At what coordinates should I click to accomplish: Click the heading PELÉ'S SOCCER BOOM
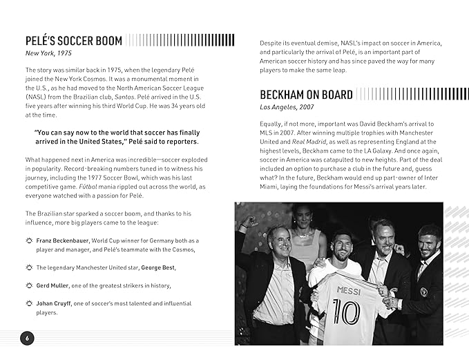click(73, 41)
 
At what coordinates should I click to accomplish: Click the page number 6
click(27, 338)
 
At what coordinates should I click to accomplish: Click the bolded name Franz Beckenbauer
click(64, 240)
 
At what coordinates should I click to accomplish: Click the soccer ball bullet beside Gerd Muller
click(28, 285)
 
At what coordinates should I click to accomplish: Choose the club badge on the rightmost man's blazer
click(423, 291)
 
